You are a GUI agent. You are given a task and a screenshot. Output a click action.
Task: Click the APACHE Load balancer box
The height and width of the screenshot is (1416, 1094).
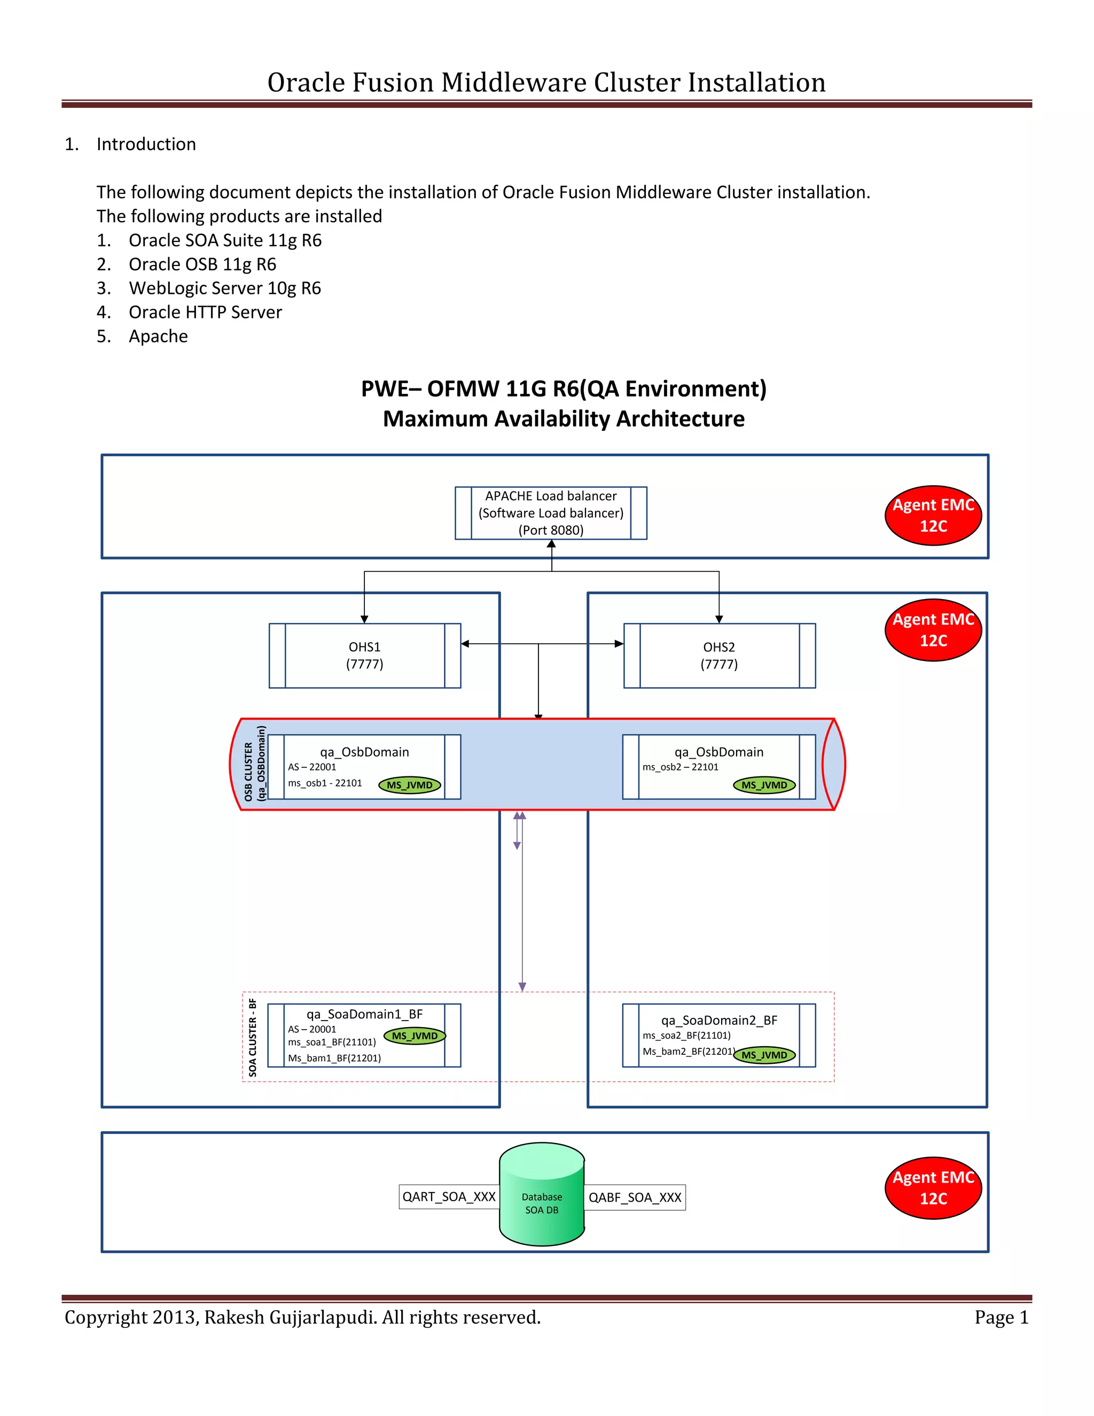pos(551,513)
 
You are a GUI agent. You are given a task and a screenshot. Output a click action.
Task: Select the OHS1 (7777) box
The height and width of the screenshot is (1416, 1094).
pos(364,656)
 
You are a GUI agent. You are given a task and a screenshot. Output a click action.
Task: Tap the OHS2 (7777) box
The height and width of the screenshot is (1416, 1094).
pos(719,656)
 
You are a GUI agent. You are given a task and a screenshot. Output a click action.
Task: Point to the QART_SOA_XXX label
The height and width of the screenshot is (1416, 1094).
pos(449,1197)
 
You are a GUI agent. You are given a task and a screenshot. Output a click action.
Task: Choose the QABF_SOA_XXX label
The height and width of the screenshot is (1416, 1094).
pos(635,1197)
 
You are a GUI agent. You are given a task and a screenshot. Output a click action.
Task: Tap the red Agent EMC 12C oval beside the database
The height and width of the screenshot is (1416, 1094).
pos(933,1188)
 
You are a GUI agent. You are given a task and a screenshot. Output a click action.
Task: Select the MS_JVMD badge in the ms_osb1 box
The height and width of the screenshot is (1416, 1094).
pos(410,785)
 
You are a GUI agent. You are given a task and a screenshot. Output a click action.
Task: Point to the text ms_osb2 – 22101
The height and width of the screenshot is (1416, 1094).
pos(680,767)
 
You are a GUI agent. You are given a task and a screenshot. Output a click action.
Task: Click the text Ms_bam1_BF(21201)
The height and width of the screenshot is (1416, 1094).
pos(334,1058)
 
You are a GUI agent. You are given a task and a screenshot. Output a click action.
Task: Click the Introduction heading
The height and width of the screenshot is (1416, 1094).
pos(146,144)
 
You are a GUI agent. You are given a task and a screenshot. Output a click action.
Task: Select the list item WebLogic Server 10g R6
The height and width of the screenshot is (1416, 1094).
pos(224,288)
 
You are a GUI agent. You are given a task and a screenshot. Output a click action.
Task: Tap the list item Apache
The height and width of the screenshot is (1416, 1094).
pos(158,336)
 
